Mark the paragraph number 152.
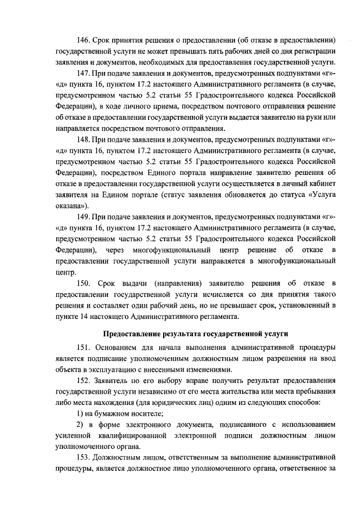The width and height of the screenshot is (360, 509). click(84, 381)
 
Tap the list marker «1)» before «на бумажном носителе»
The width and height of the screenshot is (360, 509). click(80, 413)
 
